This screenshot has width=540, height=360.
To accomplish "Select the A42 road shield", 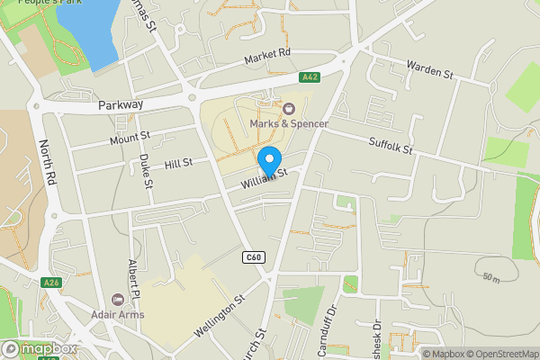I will [x=310, y=77].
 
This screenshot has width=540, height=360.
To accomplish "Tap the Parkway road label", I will [x=121, y=105].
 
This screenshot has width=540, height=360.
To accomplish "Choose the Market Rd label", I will [x=268, y=58].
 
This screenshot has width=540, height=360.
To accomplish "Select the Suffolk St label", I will [x=390, y=143].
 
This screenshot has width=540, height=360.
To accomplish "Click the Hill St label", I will [x=179, y=163].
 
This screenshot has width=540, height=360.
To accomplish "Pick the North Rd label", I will [x=47, y=163].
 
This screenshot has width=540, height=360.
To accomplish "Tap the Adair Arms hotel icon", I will [x=116, y=300].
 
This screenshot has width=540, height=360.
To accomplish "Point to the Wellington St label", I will [x=218, y=317].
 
